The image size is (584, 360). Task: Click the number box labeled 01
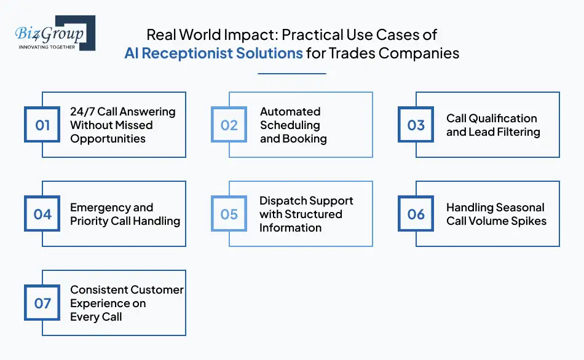[x=42, y=125]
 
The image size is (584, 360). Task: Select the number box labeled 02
[x=229, y=125]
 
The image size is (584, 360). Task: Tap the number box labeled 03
[x=416, y=125]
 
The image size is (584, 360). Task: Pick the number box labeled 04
[x=42, y=214]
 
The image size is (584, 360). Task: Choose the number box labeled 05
[x=229, y=214]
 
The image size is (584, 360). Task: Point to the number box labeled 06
[x=416, y=214]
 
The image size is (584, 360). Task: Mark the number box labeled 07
[x=42, y=303]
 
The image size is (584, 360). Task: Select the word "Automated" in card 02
[x=290, y=112]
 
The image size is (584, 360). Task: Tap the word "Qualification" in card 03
[x=503, y=119]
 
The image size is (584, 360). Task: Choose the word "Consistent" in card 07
[x=101, y=290]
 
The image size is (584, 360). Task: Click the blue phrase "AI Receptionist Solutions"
[x=213, y=53]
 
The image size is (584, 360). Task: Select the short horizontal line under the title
[x=291, y=74]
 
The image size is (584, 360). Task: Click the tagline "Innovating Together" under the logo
[x=47, y=47]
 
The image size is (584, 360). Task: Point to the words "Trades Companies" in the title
[x=394, y=53]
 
